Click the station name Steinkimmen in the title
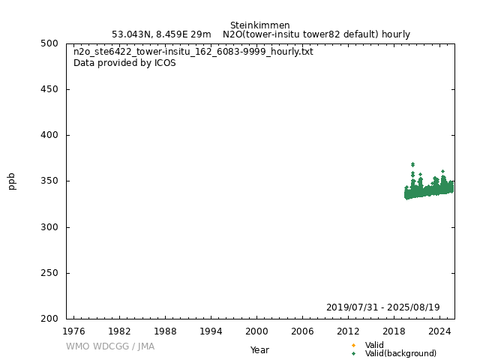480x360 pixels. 259,25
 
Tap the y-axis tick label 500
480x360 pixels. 50,43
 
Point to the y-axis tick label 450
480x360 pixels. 50,90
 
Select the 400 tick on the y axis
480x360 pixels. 50,136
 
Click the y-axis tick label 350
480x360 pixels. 50,181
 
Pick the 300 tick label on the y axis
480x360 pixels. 50,227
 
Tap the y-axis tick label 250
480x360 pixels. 50,274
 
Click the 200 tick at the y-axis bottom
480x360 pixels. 50,319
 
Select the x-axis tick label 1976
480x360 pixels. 73,331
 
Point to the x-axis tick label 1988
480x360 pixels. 165,331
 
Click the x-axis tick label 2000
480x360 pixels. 256,331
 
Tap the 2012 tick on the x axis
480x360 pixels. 348,331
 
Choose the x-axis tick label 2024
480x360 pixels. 439,331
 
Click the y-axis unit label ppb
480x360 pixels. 12,181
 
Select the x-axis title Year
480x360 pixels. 259,350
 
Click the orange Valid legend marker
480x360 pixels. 353,346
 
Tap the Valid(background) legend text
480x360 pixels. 400,354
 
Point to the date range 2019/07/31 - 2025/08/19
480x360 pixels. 382,308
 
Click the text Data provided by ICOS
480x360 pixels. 124,63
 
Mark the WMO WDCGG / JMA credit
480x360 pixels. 110,346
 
